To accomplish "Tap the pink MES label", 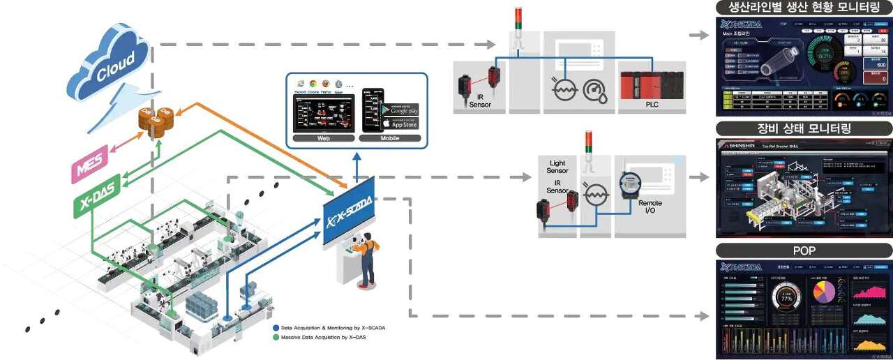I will [90, 170].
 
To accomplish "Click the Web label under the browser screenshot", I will [323, 139].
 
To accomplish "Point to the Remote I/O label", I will [650, 207].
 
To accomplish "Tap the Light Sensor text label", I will [557, 167].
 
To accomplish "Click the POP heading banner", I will [804, 251].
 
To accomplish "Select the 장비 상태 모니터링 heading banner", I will [804, 128].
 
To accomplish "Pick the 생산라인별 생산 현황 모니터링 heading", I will [804, 8].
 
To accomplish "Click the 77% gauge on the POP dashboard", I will [785, 299].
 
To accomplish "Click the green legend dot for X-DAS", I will [276, 337].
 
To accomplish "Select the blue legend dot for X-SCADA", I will [276, 327].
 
